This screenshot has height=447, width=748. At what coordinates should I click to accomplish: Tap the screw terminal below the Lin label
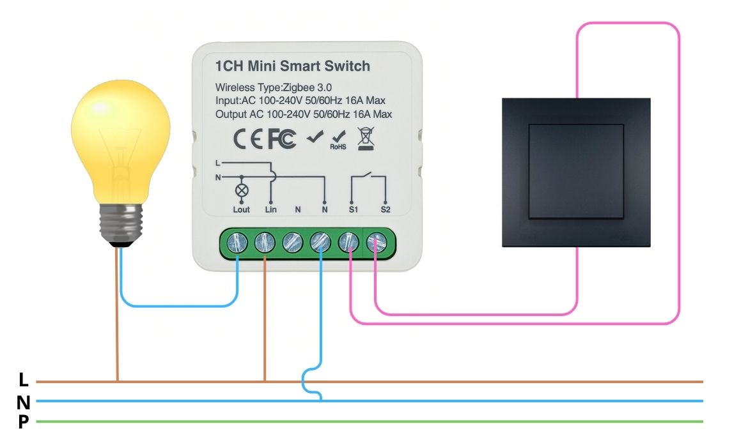(265, 242)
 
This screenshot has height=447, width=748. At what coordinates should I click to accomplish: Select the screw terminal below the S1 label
(349, 242)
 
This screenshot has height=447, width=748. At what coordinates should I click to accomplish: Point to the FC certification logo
(281, 139)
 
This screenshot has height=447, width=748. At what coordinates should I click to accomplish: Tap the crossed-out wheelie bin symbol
(365, 139)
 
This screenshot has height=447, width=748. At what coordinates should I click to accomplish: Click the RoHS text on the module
(338, 146)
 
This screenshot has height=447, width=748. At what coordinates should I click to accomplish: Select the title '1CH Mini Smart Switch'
(293, 66)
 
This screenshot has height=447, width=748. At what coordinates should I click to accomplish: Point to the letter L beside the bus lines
(24, 381)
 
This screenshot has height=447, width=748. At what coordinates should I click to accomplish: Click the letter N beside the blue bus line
(24, 402)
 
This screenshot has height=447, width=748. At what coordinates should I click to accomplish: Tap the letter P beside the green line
(24, 422)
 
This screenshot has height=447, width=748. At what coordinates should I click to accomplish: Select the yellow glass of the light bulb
(120, 140)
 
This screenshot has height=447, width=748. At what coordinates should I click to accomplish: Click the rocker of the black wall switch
(576, 170)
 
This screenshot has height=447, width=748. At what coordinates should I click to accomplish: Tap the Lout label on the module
(242, 209)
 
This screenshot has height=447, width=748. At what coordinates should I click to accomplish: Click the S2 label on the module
(385, 209)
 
